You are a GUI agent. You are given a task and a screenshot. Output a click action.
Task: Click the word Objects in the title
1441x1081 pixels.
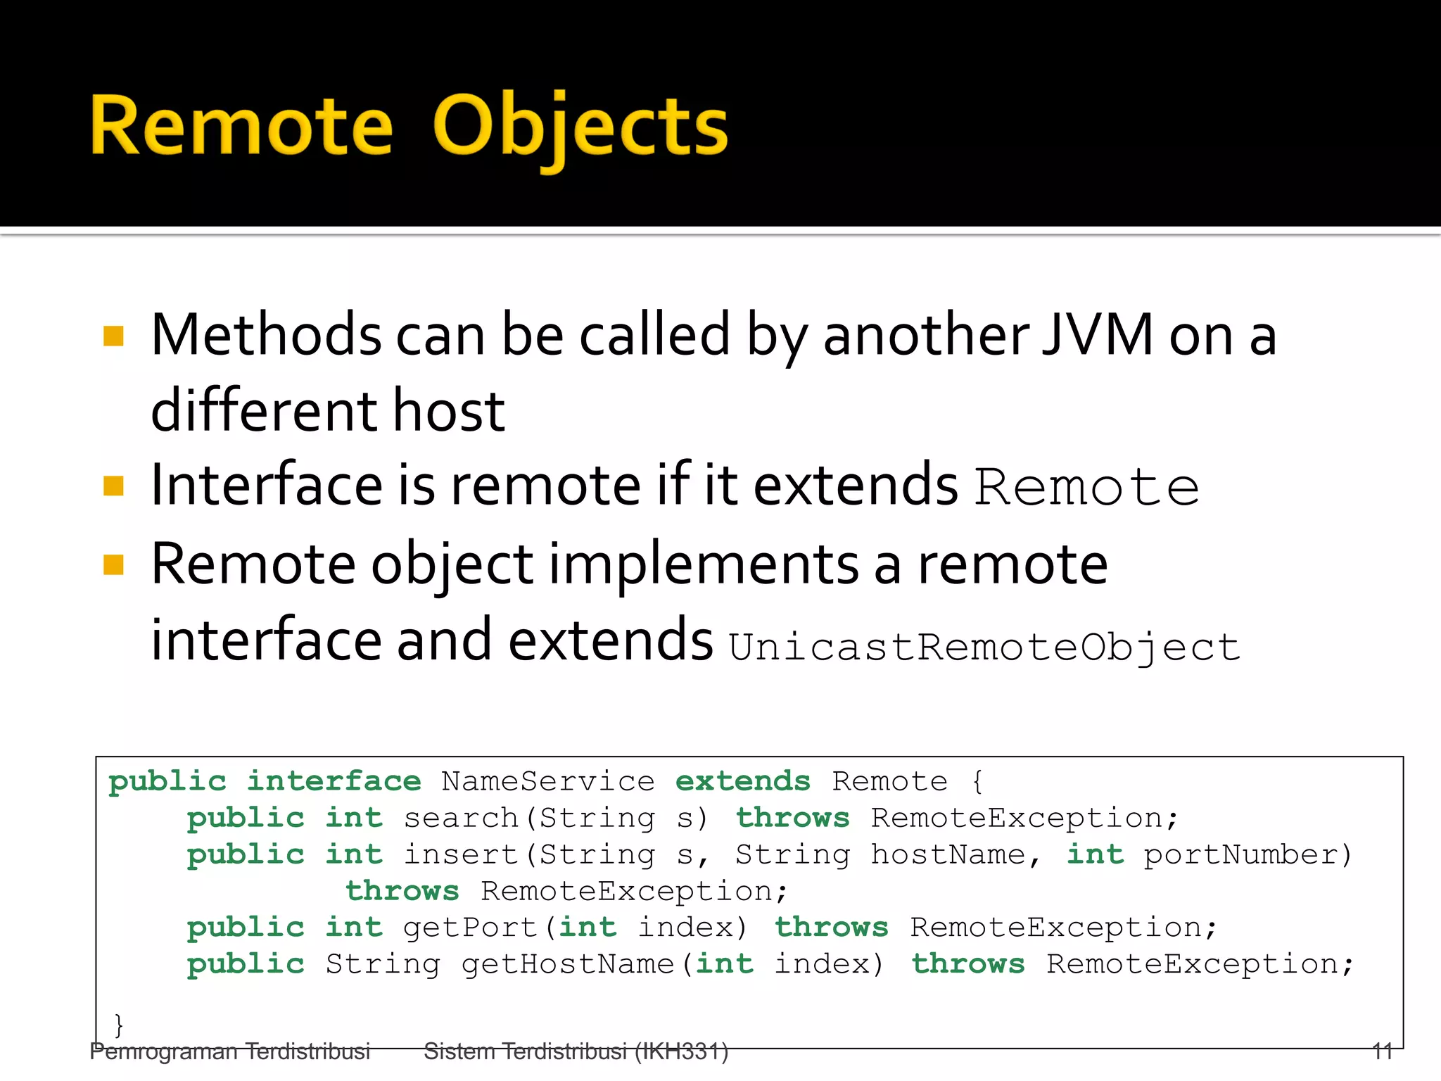tap(580, 127)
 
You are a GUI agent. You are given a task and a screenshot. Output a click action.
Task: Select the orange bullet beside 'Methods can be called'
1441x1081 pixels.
tap(113, 336)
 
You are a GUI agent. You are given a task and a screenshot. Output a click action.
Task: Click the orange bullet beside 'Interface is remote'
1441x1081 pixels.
tap(113, 486)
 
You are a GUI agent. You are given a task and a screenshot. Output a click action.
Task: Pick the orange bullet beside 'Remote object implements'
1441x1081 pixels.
tap(113, 564)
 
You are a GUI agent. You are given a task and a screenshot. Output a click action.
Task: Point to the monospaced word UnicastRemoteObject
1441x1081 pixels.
tap(984, 646)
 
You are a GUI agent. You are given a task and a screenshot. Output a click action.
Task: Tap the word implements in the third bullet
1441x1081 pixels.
tap(703, 564)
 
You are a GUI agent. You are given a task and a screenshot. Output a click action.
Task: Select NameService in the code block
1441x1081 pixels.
tap(547, 782)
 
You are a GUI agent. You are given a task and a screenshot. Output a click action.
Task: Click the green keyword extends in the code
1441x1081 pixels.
tap(742, 782)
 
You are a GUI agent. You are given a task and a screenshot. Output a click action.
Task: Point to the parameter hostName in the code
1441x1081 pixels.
tap(948, 855)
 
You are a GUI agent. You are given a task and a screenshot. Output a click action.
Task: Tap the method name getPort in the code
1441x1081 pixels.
tap(470, 928)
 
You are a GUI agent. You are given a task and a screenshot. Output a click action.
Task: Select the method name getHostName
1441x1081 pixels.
tap(568, 965)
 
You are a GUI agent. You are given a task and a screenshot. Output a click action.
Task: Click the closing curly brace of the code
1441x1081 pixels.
tap(119, 1023)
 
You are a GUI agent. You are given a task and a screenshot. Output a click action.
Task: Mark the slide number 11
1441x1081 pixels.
tap(1382, 1051)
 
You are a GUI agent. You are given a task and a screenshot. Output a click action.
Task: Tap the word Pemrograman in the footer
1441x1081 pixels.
tap(163, 1051)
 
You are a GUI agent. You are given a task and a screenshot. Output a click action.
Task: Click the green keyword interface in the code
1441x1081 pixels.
tap(334, 782)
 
